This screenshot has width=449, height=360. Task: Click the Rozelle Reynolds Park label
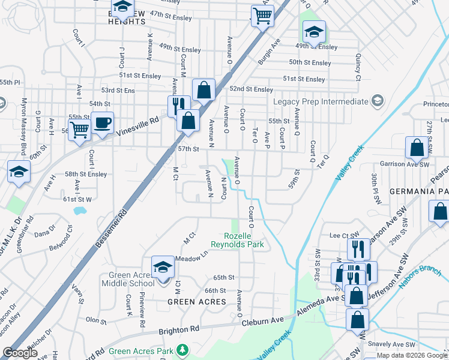tap(237, 241)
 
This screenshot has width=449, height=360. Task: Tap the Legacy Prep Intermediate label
tap(321, 101)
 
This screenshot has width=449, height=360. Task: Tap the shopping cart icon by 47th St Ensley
tap(262, 16)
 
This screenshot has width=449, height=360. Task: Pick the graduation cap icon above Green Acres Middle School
tap(163, 266)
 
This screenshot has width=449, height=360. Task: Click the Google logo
tap(21, 353)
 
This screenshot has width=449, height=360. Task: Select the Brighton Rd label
tap(179, 330)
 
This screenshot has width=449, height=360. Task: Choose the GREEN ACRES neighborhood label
tap(196, 302)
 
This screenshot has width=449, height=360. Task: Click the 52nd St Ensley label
tap(251, 89)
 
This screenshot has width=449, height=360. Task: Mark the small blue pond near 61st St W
tap(79, 211)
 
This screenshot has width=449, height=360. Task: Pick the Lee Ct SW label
tap(339, 236)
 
